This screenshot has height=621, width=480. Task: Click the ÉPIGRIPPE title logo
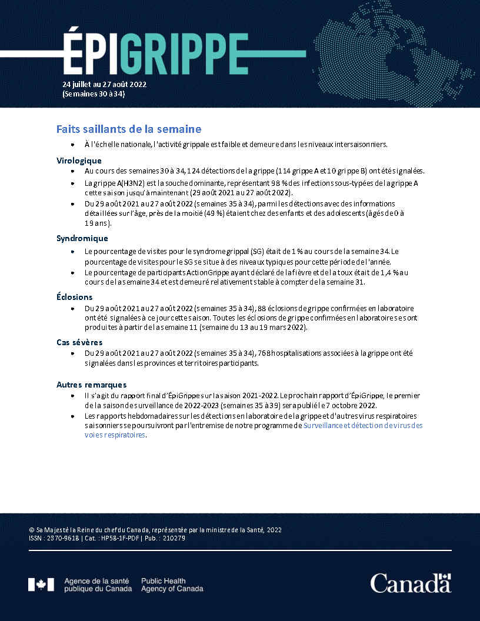click(154, 53)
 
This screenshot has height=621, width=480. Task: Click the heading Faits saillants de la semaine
click(129, 129)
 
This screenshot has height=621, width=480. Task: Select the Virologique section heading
click(79, 161)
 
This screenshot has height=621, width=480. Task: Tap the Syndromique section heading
click(82, 238)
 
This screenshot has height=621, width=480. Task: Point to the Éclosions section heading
click(74, 297)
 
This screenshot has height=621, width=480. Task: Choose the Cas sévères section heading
click(79, 342)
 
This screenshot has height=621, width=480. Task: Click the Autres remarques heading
click(91, 385)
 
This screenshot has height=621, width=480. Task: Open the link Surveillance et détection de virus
click(362, 425)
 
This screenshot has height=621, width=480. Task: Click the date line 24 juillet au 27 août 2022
click(104, 84)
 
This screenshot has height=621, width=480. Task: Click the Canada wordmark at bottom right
click(410, 583)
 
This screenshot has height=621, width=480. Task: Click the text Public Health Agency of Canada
click(172, 585)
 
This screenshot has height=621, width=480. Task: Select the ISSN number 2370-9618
click(60, 538)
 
